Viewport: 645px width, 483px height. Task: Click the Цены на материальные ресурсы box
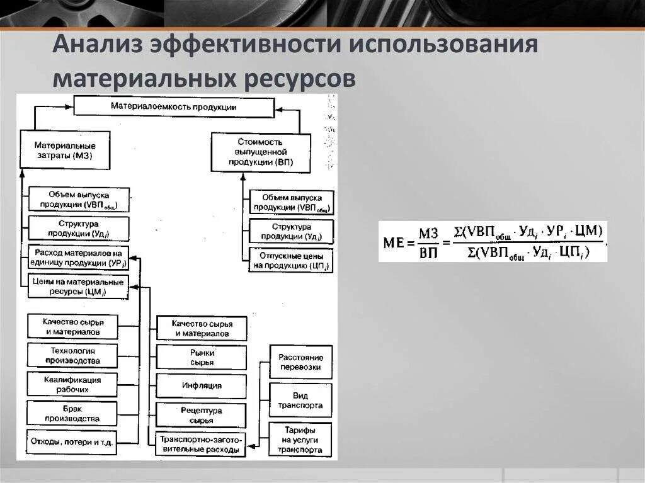78,287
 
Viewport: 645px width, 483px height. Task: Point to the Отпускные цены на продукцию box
290,261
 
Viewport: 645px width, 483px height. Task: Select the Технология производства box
72,356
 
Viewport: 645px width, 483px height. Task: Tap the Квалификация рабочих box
72,385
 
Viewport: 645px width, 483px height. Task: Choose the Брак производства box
72,414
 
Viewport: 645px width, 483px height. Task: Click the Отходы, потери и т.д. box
72,442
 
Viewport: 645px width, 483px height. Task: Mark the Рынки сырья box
202,357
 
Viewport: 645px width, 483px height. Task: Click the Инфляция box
202,385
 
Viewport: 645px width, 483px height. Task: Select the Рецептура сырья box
202,415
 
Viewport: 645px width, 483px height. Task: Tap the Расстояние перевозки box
300,362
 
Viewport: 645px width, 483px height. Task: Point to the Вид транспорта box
300,401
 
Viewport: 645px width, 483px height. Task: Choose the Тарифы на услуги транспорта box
300,440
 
